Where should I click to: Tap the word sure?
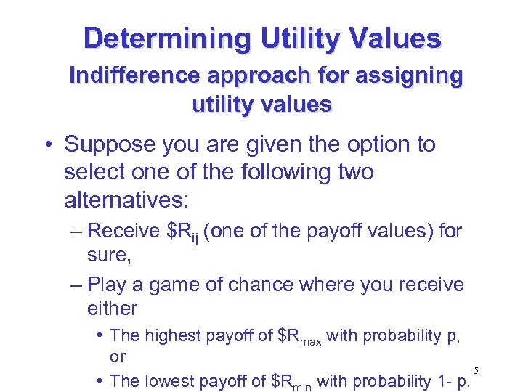(105, 256)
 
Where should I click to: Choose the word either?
(111, 309)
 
